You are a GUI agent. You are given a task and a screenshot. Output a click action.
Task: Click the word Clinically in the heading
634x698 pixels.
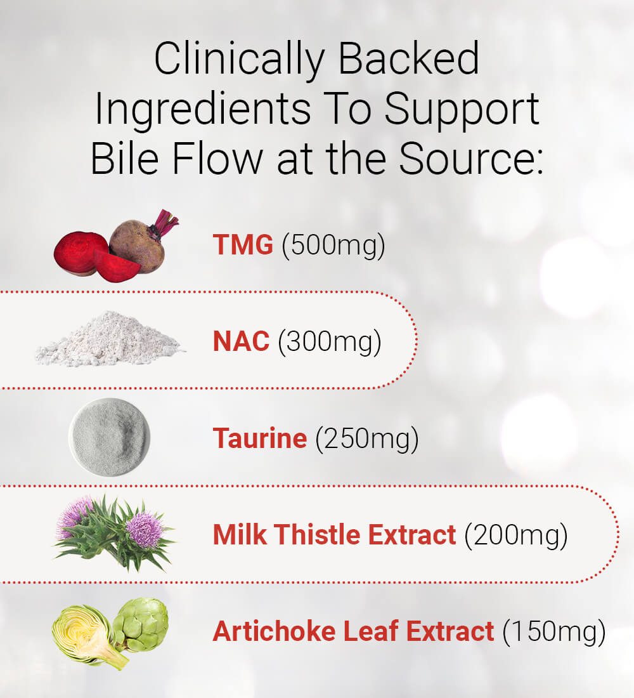tap(239, 60)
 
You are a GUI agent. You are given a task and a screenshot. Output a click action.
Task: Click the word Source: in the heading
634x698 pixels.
tap(470, 158)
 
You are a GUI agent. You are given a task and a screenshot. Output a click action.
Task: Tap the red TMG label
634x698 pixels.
tap(243, 244)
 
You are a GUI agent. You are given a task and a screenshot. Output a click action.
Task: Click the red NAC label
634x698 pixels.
tap(241, 341)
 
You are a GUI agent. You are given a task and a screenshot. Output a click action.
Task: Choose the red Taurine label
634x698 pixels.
tap(260, 438)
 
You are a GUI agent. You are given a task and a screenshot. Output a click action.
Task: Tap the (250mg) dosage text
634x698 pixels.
tap(367, 439)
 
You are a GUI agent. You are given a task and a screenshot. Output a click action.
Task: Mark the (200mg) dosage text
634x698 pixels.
tap(516, 536)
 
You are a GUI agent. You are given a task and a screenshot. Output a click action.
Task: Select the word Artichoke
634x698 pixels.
tap(274, 631)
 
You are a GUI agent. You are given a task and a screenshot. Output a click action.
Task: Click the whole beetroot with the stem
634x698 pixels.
tap(138, 246)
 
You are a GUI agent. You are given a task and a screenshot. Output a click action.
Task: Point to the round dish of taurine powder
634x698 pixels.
tap(110, 437)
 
